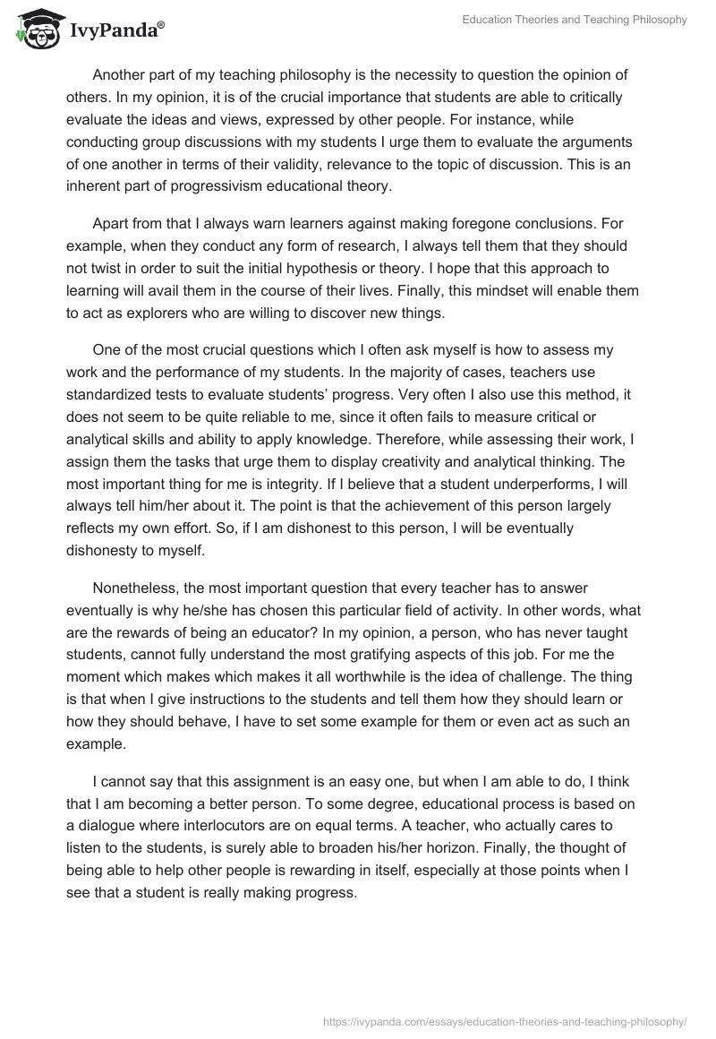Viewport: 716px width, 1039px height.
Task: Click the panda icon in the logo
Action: pyautogui.click(x=33, y=30)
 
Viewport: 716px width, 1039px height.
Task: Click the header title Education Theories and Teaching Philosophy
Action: pyautogui.click(x=574, y=21)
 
